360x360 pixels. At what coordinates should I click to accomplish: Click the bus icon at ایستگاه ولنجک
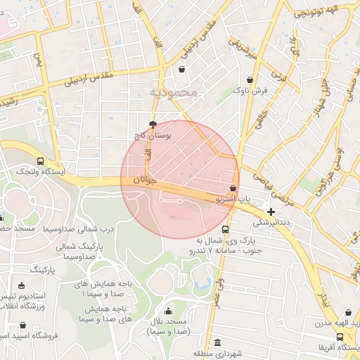tap(41, 161)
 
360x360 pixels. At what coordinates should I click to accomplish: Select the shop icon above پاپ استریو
tap(233, 188)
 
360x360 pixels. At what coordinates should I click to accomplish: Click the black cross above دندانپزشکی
tap(271, 211)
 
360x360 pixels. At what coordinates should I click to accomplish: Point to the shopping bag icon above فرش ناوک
tap(251, 79)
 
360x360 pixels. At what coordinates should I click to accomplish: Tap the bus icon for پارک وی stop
tap(225, 230)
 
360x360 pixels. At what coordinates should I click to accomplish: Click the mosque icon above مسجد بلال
tap(167, 312)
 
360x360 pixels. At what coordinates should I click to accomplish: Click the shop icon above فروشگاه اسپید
tap(24, 326)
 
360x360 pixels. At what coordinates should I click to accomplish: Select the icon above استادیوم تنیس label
tap(21, 285)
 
